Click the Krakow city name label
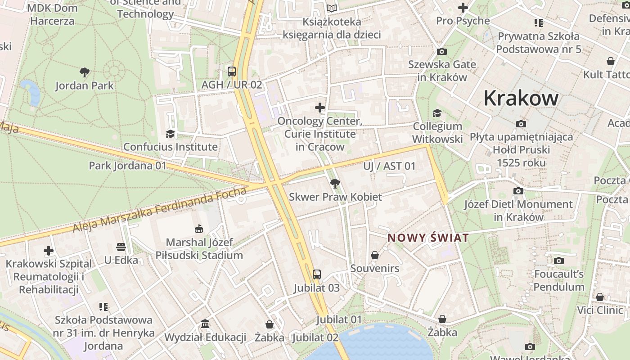(521, 98)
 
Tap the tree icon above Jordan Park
(84, 72)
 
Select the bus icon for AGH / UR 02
(232, 71)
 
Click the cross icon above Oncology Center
(320, 108)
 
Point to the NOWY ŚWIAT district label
(428, 238)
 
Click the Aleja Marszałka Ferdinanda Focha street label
(160, 211)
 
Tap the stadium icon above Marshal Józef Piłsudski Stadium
(199, 229)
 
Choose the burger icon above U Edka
(121, 247)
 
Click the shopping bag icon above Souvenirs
(375, 255)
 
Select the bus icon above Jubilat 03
(317, 274)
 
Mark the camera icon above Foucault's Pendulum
(559, 261)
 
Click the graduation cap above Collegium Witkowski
(437, 113)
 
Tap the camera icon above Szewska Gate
(442, 51)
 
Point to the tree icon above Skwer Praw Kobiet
(335, 183)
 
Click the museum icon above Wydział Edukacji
(205, 324)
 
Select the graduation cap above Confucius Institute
(170, 134)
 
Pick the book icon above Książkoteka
(332, 8)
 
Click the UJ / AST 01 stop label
(390, 166)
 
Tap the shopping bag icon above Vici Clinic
(600, 297)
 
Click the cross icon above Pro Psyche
(463, 8)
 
